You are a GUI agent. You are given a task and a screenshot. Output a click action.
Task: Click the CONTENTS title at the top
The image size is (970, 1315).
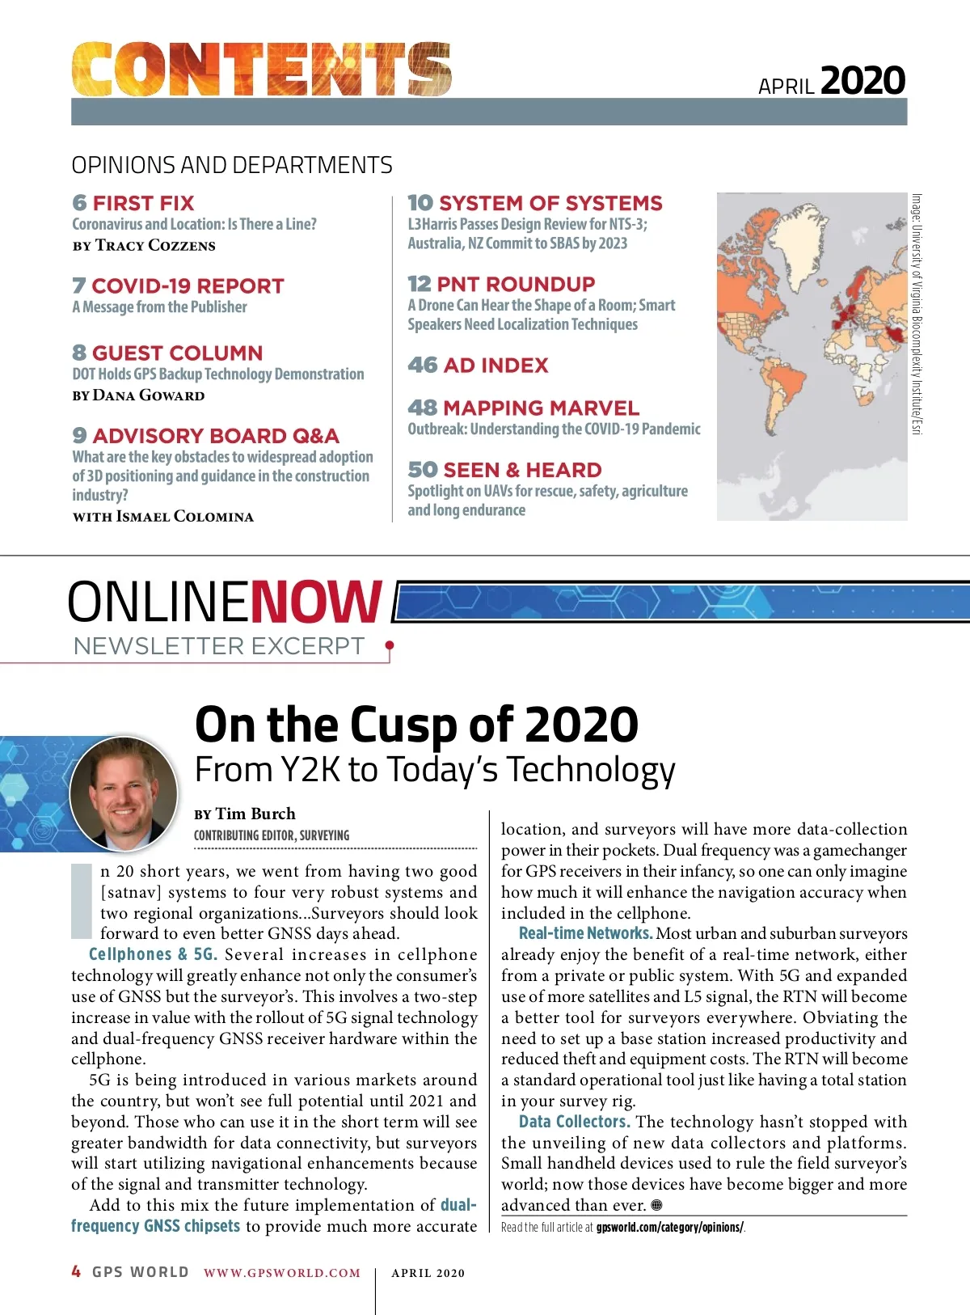pos(262,70)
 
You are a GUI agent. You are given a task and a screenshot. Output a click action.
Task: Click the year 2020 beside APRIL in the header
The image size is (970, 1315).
pos(862,81)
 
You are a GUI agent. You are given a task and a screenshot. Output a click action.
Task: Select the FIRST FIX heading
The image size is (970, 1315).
pos(143,203)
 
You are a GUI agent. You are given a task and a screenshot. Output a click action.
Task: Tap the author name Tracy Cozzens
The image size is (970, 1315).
pos(155,245)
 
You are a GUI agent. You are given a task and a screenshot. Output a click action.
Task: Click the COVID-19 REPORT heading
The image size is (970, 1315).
pos(188,286)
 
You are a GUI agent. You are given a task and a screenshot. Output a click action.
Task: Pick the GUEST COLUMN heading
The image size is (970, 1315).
pos(177,353)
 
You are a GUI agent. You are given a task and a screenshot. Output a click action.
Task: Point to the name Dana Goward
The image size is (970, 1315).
pos(149,395)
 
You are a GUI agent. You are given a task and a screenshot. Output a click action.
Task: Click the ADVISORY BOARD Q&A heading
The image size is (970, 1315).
pos(216,436)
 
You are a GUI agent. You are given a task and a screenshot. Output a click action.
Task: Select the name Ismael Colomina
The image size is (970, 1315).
pos(185,517)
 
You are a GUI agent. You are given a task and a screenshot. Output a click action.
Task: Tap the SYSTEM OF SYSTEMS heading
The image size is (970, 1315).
pos(550,203)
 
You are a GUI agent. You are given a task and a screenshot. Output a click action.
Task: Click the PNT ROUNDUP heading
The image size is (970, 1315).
pos(516,284)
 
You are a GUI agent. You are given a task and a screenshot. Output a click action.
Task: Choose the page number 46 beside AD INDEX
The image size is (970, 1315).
pos(422,366)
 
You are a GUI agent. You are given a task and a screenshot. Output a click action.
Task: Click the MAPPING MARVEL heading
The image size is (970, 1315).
pos(541,408)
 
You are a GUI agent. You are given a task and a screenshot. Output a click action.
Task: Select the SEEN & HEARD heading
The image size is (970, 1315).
pos(522,470)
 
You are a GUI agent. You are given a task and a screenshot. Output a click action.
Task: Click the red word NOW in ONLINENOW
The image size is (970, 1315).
pos(316,602)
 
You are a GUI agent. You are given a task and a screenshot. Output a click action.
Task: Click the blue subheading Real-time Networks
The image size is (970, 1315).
pos(585,933)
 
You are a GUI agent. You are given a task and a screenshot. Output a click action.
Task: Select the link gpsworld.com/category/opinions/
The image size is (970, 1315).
pos(669,1228)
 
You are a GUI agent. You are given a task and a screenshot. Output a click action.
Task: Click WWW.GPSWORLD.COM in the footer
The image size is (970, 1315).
pos(282,1273)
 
